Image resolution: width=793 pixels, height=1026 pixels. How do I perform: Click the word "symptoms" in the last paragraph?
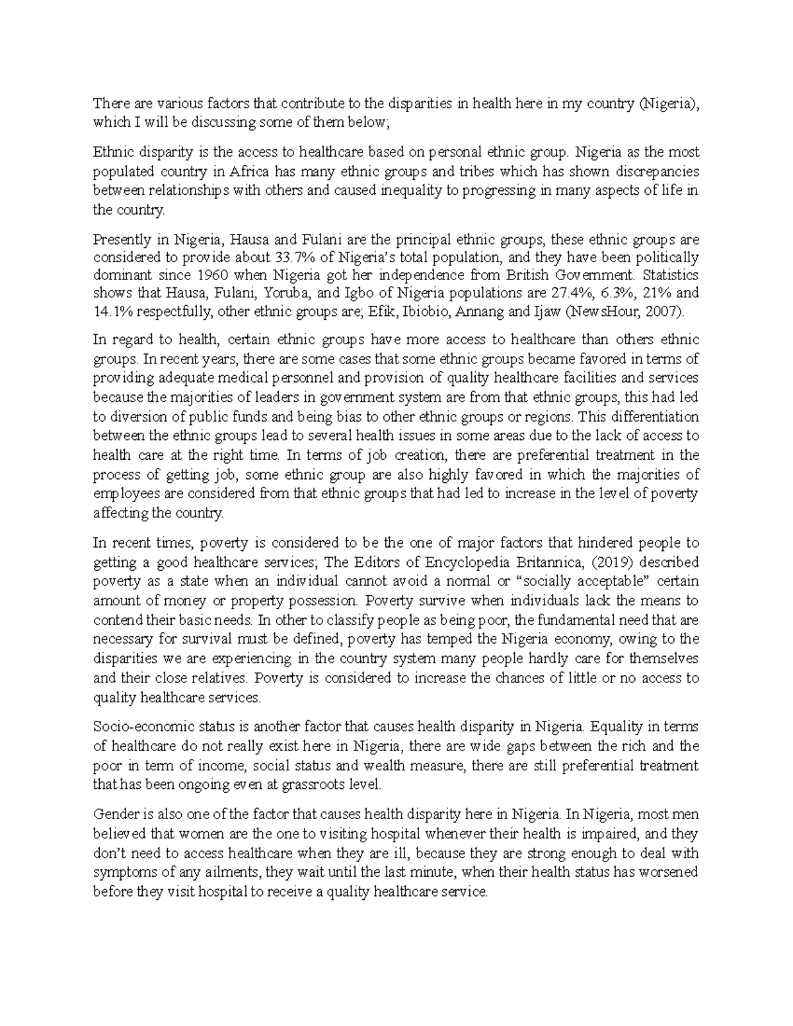tap(120, 872)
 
